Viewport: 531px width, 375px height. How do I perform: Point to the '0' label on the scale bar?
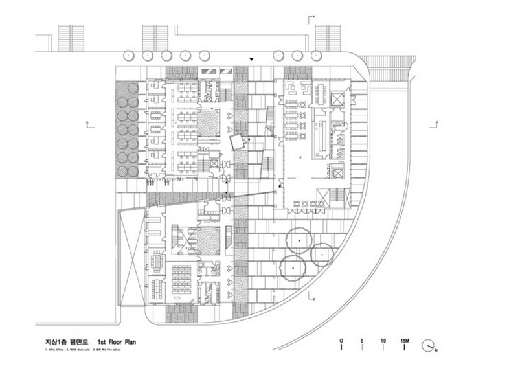point(341,340)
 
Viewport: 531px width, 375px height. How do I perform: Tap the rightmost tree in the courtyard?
point(322,254)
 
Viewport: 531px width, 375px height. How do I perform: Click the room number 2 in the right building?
point(300,157)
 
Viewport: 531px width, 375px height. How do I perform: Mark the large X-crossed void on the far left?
point(130,256)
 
